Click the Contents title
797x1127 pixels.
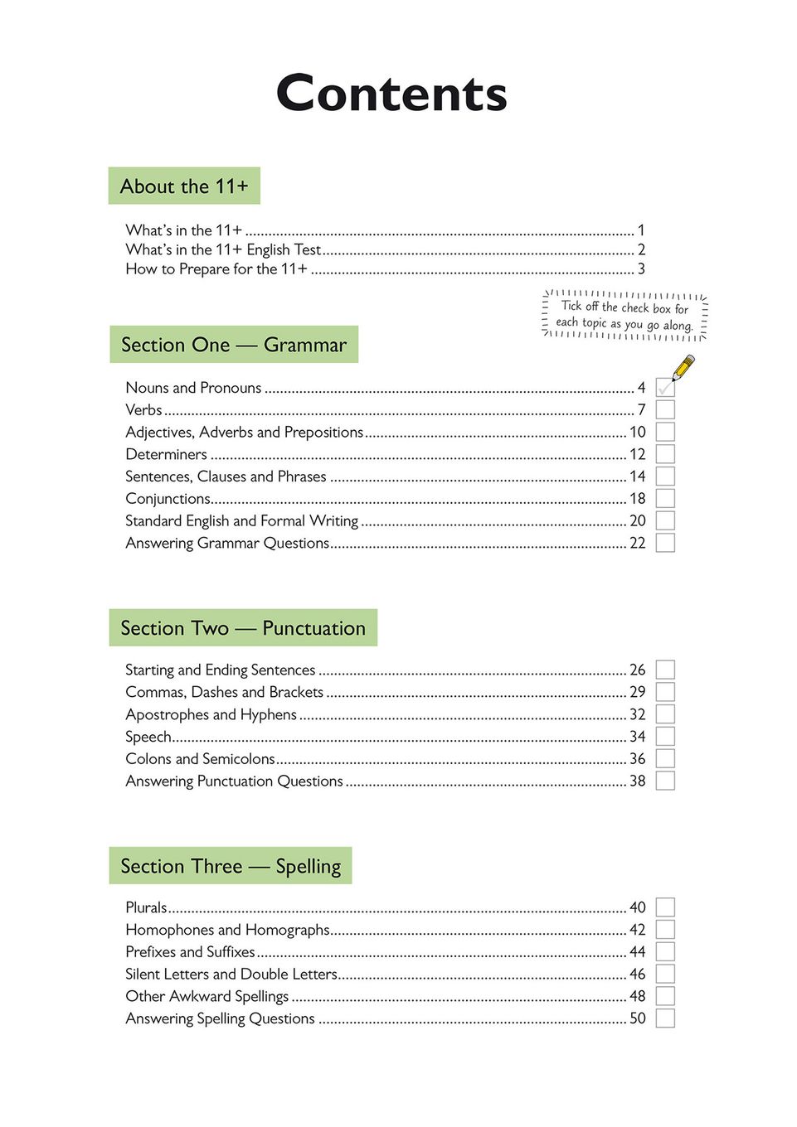click(391, 93)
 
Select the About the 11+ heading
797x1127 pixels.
click(184, 186)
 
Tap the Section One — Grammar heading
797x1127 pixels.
click(234, 345)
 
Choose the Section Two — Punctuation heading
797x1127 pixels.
click(243, 628)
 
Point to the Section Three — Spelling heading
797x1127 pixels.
click(231, 866)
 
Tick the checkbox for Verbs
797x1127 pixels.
click(665, 409)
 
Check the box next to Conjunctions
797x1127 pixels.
click(665, 498)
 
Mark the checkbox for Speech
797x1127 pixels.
click(665, 736)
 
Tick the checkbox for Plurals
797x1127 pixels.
click(665, 907)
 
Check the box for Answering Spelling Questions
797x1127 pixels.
click(665, 1018)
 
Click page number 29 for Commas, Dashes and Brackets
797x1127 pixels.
click(637, 692)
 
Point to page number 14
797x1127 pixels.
click(637, 476)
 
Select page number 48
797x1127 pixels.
click(637, 996)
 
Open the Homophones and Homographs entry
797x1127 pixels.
click(227, 930)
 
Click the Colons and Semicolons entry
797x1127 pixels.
click(200, 759)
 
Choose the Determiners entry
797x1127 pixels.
click(166, 454)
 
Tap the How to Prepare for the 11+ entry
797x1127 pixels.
click(216, 269)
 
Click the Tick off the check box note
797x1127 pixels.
click(624, 316)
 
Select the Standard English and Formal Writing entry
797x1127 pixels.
click(241, 520)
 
